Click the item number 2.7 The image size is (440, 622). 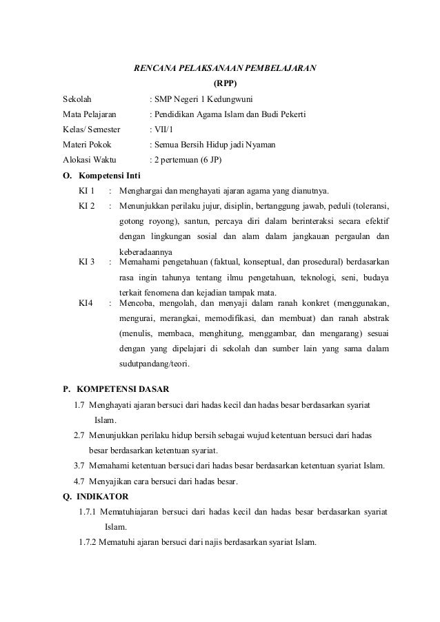coord(79,436)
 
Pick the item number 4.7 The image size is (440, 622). coord(79,481)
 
